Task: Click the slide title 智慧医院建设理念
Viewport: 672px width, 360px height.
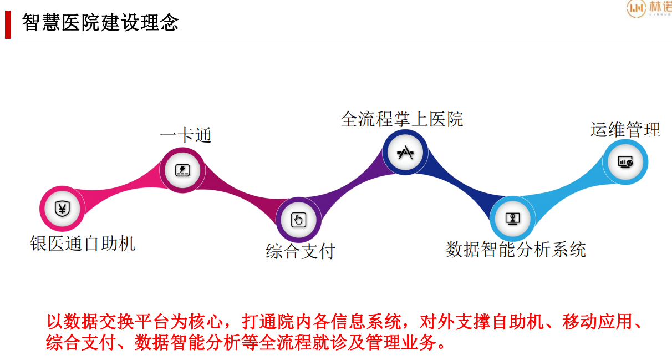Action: [100, 23]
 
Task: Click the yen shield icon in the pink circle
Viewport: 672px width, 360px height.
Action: [62, 209]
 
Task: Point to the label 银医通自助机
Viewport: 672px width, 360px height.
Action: [83, 243]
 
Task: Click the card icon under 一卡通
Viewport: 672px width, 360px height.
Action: [182, 170]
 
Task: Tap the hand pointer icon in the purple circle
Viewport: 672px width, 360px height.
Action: [299, 220]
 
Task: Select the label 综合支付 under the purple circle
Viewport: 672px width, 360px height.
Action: [300, 251]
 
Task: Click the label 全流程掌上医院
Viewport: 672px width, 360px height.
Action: [402, 119]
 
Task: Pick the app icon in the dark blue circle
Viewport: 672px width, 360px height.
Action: [405, 152]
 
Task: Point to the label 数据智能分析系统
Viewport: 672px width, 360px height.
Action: [516, 249]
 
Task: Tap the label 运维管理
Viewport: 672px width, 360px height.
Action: [625, 129]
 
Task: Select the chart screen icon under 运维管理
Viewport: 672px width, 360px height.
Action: [625, 162]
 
